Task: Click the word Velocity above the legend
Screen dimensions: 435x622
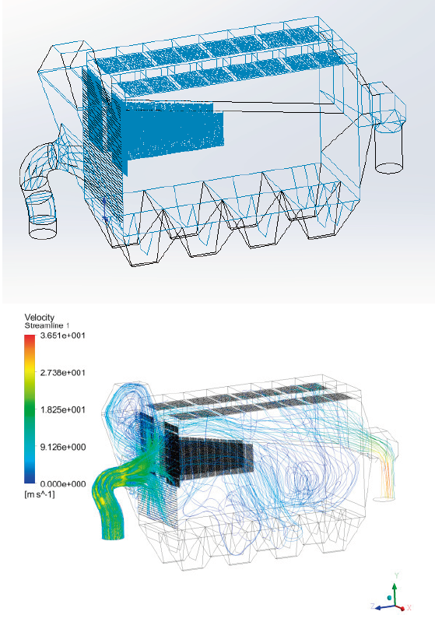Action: pos(39,318)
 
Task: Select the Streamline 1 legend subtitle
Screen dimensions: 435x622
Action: pos(47,325)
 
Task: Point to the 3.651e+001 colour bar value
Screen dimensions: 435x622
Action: pos(63,336)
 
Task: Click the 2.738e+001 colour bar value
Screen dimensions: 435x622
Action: pos(63,372)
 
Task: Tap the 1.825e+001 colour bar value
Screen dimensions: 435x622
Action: pos(63,409)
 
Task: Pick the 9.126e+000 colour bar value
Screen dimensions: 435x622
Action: pos(63,447)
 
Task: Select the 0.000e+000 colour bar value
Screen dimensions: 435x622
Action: pos(63,484)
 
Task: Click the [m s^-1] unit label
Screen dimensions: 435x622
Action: pos(40,494)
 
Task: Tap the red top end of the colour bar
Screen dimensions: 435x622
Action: pos(30,338)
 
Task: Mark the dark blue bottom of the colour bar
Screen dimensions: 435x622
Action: pos(30,480)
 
